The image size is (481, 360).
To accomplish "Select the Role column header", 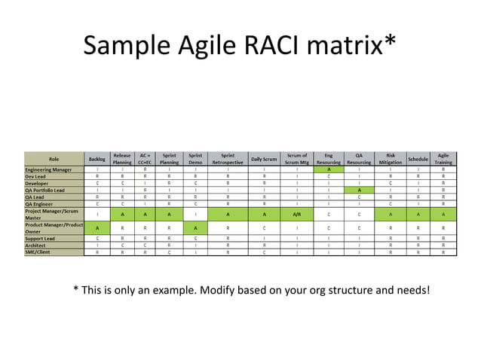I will (x=54, y=159).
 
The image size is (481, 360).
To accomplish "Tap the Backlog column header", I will (x=97, y=159).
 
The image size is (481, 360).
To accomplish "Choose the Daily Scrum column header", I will (x=264, y=159).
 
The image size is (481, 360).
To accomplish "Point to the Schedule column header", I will (x=418, y=159).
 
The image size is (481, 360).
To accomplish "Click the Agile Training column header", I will (x=443, y=159).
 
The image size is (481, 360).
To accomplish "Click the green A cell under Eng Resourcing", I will (x=329, y=169).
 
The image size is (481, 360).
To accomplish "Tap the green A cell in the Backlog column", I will (x=97, y=227).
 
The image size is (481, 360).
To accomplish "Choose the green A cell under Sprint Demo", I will (x=195, y=227).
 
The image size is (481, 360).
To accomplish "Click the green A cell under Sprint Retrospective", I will (x=228, y=214).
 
